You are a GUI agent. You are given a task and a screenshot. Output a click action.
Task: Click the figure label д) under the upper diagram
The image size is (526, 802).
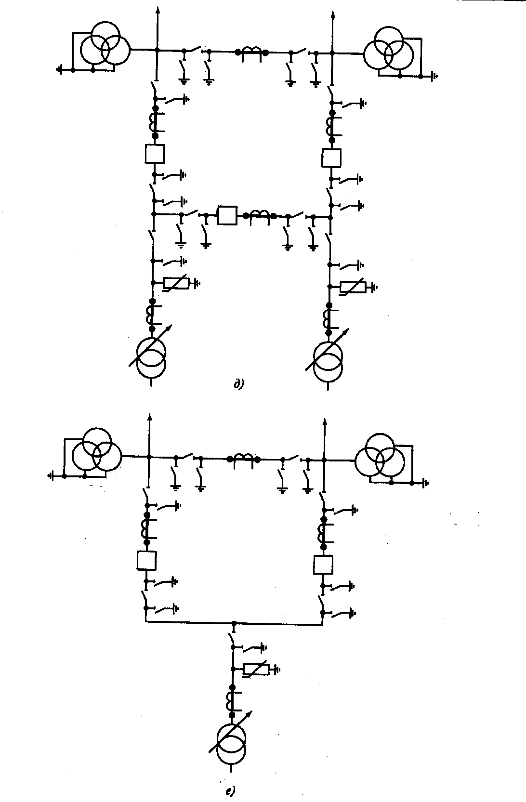[x=238, y=384]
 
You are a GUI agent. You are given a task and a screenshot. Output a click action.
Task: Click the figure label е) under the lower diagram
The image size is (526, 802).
[x=230, y=791]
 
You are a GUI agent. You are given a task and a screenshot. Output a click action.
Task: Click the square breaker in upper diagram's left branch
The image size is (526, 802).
[x=155, y=154]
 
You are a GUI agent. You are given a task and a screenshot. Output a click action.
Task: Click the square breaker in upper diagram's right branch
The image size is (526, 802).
[x=331, y=158]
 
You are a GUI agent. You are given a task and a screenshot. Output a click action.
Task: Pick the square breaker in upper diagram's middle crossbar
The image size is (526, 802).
[x=227, y=215]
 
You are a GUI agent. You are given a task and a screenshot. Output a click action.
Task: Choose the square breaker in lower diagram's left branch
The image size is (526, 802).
[x=146, y=560]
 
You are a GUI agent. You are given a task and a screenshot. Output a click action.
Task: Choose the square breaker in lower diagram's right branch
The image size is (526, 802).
[x=323, y=565]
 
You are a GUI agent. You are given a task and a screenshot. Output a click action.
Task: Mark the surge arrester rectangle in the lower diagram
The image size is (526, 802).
[x=256, y=669]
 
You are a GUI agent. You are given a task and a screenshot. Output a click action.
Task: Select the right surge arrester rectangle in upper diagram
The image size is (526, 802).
[x=353, y=287]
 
